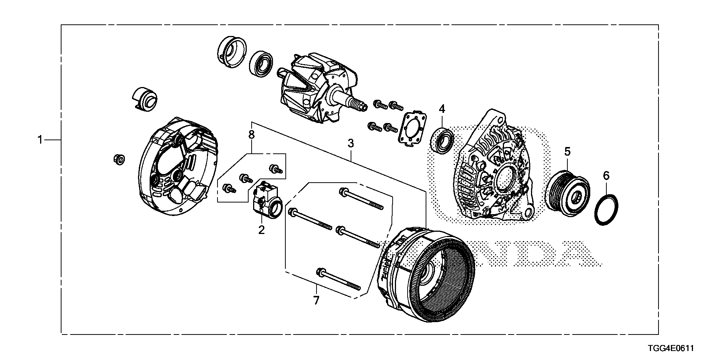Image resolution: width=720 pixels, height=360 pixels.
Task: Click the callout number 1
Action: [x=40, y=140]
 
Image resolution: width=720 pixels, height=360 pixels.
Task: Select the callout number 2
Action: [x=261, y=229]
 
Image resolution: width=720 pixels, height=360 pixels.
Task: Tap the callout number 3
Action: [x=351, y=143]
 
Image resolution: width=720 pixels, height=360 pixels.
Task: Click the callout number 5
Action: [x=567, y=151]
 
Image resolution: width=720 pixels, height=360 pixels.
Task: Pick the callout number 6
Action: [x=606, y=175]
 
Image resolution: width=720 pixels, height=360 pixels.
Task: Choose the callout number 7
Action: [x=316, y=300]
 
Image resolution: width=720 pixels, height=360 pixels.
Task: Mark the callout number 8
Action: [x=251, y=134]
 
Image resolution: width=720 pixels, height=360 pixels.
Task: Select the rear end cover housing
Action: [x=178, y=167]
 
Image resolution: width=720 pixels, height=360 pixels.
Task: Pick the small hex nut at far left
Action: [x=119, y=159]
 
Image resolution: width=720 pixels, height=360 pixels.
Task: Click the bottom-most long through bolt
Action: [x=339, y=279]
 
